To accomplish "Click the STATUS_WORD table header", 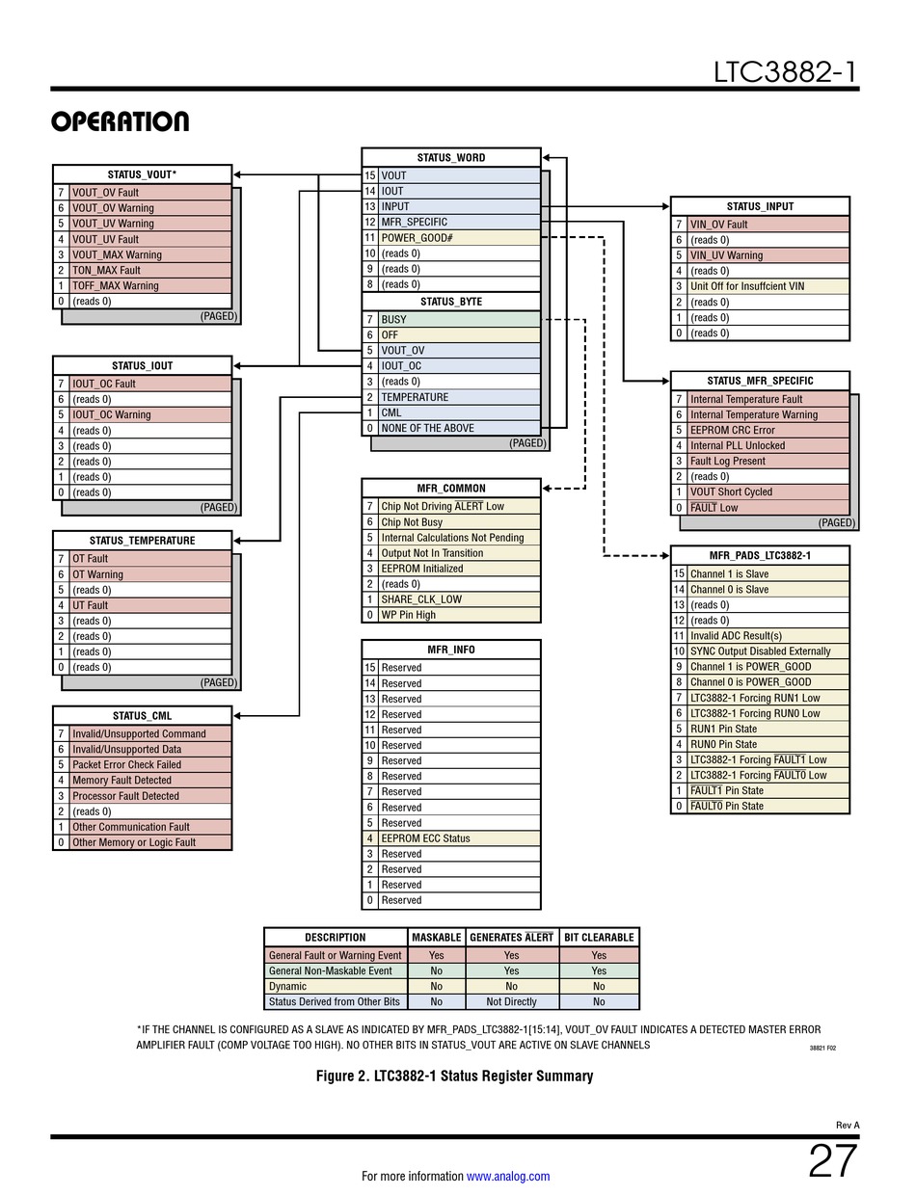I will tap(450, 157).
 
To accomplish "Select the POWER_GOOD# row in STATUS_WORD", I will tap(417, 237).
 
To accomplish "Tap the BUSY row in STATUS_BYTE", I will tap(393, 319).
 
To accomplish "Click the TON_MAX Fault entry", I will tap(106, 271).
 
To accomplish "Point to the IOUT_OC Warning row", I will tap(111, 415).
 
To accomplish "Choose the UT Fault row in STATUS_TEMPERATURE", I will tap(90, 605).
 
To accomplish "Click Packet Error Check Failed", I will tap(126, 765).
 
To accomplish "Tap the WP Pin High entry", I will tap(408, 615).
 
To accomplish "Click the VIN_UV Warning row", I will tap(726, 255).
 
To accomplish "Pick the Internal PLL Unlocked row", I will tap(738, 446).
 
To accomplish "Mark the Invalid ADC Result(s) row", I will tap(736, 636).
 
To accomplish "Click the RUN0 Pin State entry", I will tap(723, 744).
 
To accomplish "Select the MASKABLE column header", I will tap(436, 937).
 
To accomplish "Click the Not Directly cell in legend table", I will tap(511, 1002).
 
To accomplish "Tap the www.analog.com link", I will tap(507, 1176).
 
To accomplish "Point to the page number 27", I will tap(831, 1162).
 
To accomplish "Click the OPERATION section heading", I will tap(120, 122).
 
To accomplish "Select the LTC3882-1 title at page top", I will tap(785, 72).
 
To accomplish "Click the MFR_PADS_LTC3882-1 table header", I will tap(760, 555).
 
